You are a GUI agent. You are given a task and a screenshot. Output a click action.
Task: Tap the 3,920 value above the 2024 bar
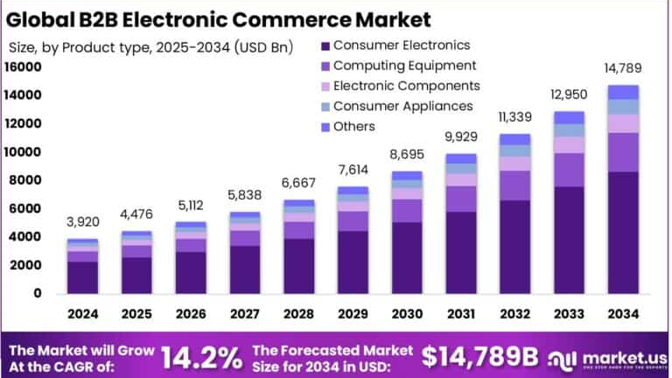(x=83, y=221)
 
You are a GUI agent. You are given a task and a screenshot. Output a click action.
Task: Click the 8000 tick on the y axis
(x=27, y=180)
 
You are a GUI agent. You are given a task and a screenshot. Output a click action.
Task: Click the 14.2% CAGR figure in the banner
(x=203, y=357)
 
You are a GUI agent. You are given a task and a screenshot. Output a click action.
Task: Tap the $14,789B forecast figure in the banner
(x=479, y=356)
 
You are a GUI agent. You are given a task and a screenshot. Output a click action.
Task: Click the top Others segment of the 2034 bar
(x=623, y=92)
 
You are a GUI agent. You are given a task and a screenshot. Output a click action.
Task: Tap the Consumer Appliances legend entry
(x=402, y=106)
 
